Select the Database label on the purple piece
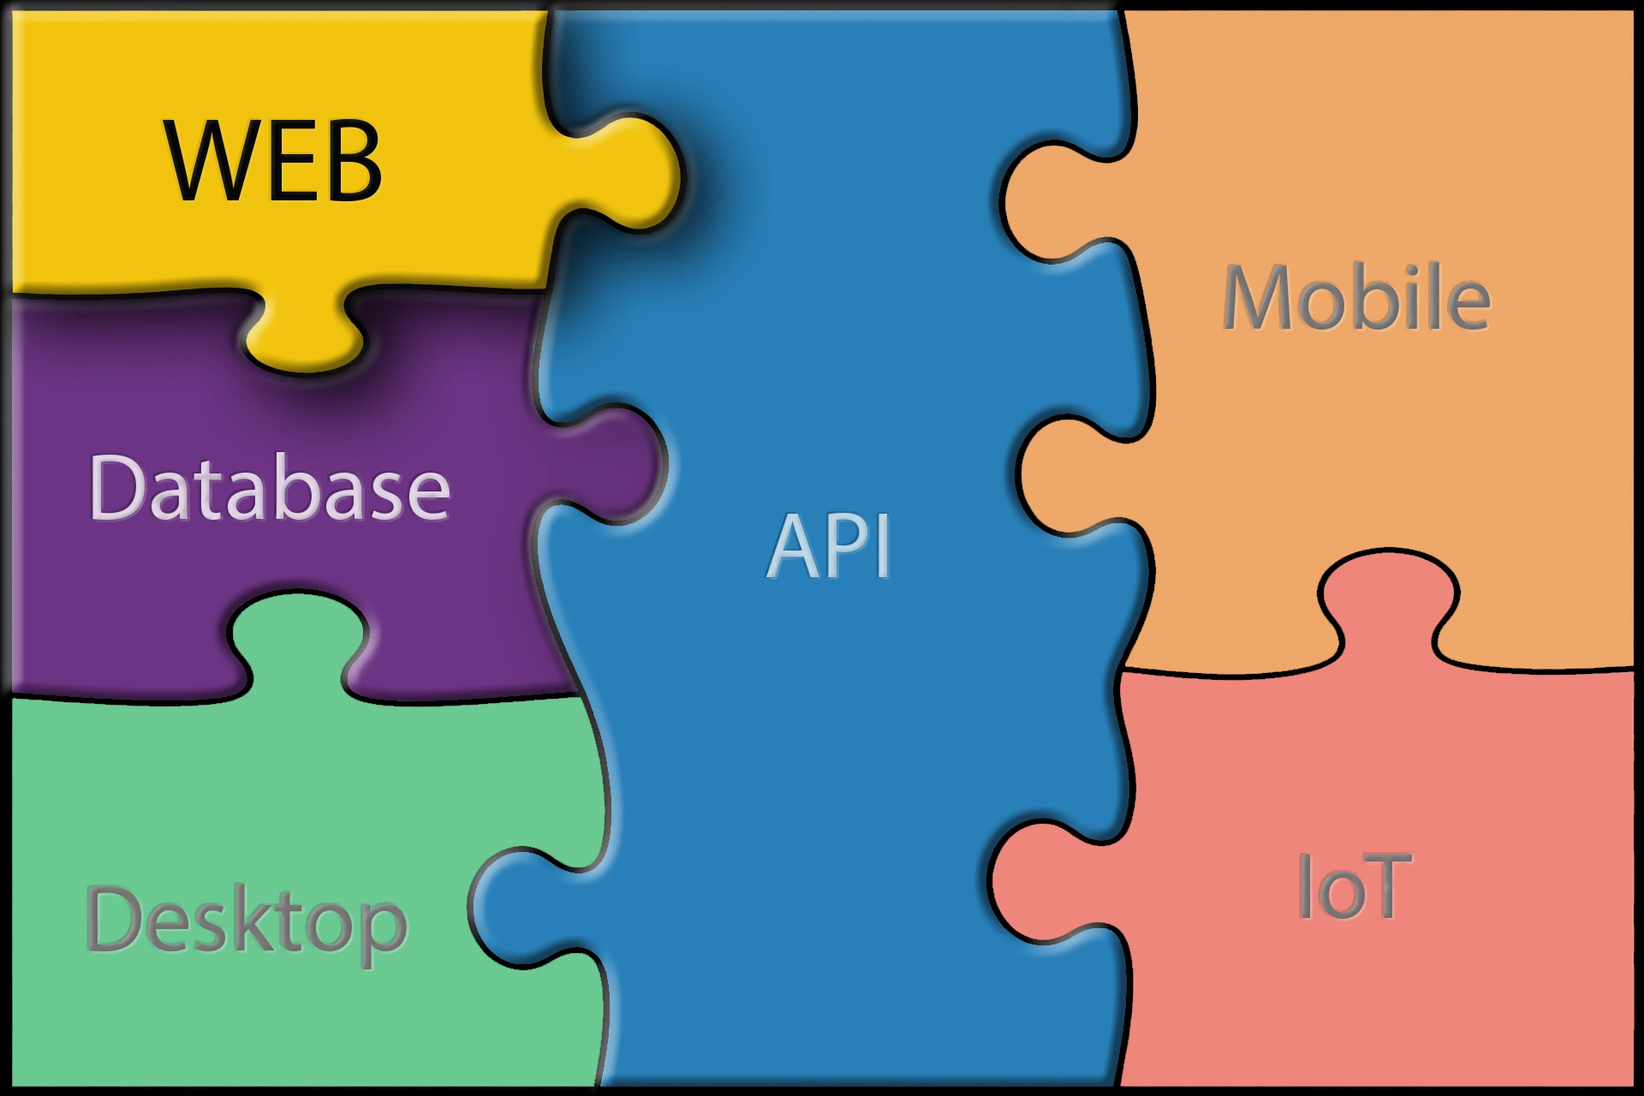click(270, 487)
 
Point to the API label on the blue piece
click(829, 546)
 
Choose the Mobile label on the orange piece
click(1356, 297)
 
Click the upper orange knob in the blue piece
click(1057, 201)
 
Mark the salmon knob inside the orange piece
click(1387, 604)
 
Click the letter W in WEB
click(210, 161)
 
